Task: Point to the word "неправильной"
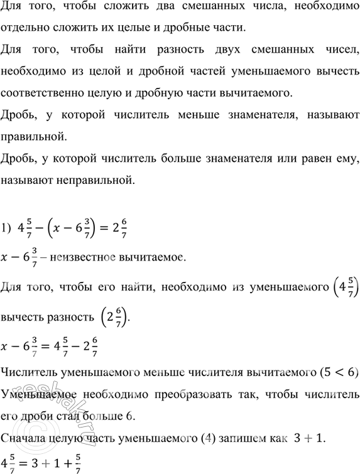coord(95,183)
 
